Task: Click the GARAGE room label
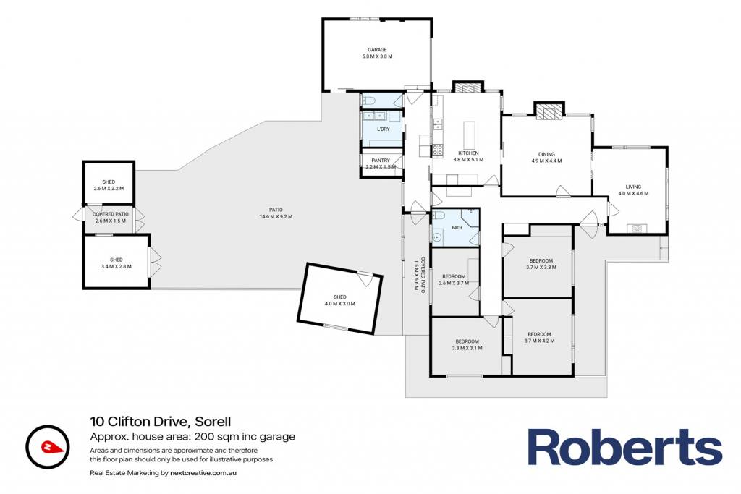tap(377, 50)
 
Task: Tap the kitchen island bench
tap(469, 135)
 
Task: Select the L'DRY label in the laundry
tap(383, 129)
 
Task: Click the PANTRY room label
tap(381, 161)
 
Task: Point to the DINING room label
tap(546, 155)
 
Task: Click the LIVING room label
tap(633, 187)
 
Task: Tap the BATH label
tap(457, 228)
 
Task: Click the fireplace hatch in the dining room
tap(549, 111)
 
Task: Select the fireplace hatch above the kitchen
tap(468, 87)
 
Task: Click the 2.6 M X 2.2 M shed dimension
tap(109, 189)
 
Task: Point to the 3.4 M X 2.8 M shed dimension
tap(117, 266)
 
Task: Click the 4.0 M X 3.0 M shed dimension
tap(340, 304)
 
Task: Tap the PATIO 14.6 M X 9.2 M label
tap(276, 213)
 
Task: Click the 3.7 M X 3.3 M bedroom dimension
tap(541, 268)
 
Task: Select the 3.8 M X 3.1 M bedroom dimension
tap(467, 348)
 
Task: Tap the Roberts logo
tap(624, 447)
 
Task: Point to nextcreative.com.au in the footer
tap(203, 473)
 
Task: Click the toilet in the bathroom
tap(438, 216)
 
